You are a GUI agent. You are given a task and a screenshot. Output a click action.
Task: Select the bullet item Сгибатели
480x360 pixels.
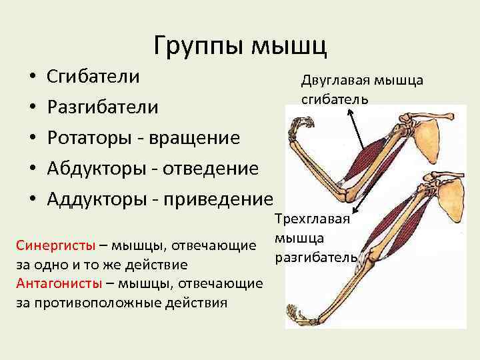93,76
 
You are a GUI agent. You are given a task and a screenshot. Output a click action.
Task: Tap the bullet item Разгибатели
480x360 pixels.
103,107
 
